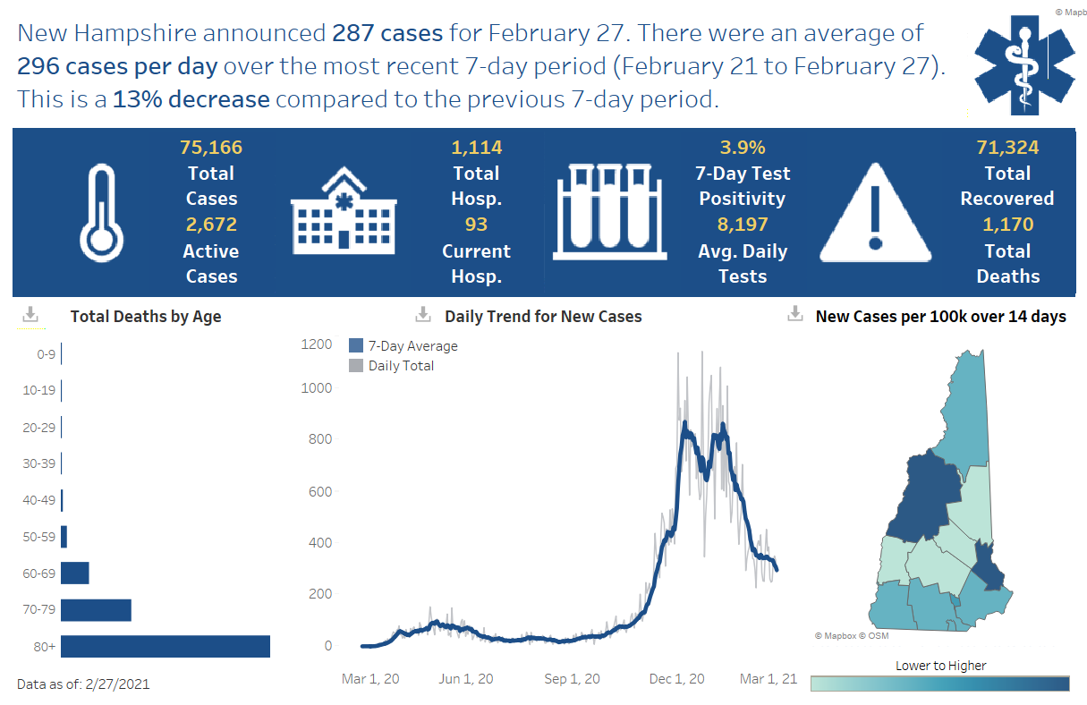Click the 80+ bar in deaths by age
(166, 646)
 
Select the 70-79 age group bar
(96, 610)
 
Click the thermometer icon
(100, 211)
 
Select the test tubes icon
(608, 211)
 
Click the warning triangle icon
(876, 211)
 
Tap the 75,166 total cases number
(211, 148)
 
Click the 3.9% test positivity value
(743, 148)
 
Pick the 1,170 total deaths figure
(1007, 225)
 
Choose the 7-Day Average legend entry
(403, 346)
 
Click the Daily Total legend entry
(392, 365)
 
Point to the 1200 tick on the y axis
(316, 344)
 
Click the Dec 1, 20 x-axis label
(677, 679)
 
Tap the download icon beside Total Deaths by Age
(30, 315)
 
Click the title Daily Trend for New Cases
(543, 316)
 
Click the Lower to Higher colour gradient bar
(939, 684)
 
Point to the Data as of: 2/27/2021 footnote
(83, 684)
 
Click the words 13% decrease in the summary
(191, 99)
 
